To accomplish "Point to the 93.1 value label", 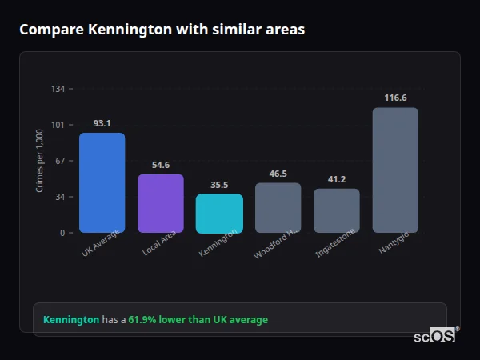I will [x=102, y=123].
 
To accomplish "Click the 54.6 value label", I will [x=161, y=165].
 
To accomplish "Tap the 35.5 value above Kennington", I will [x=219, y=184].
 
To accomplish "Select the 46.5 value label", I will [x=278, y=173].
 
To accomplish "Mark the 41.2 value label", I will [x=337, y=179].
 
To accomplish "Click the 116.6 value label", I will [x=395, y=98].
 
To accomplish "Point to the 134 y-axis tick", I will [x=58, y=89].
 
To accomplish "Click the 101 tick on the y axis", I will [x=58, y=125].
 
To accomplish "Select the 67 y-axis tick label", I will [x=60, y=161].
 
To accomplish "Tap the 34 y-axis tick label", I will [x=60, y=197].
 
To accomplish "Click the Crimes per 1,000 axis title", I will [x=40, y=160].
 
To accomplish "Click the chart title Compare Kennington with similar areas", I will [x=162, y=30].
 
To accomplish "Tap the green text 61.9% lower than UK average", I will [x=198, y=320].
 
